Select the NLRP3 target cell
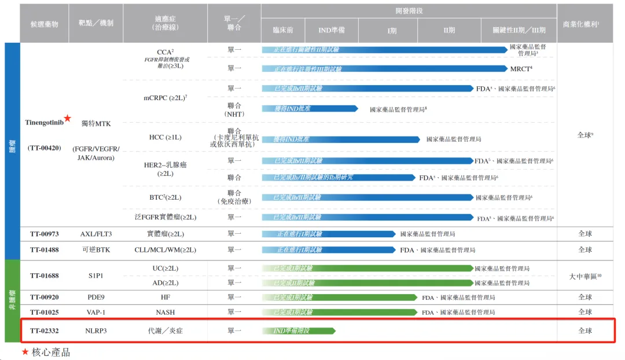95,331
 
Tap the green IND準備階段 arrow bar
298,331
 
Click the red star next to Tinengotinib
68,119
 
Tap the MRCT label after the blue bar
521,69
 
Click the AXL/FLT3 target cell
95,234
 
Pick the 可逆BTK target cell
95,250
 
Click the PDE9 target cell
95,297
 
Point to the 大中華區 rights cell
585,277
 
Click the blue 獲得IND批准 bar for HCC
341,139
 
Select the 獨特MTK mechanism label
95,123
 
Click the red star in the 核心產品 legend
25,352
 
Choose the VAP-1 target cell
95,313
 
